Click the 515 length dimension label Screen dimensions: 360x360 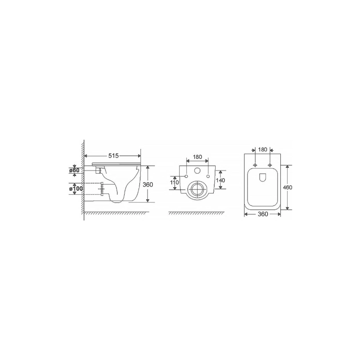coord(113,156)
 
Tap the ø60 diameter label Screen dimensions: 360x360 coord(74,171)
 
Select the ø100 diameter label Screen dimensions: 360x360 coord(76,189)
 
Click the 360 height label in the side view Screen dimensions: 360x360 coord(148,184)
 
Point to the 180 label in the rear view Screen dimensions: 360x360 coord(197,157)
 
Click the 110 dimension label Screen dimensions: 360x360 coord(175,183)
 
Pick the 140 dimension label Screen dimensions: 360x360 coord(220,180)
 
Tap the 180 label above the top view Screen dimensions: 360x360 coord(263,150)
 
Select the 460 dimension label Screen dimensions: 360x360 coord(288,187)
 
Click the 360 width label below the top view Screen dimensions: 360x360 coord(263,214)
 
